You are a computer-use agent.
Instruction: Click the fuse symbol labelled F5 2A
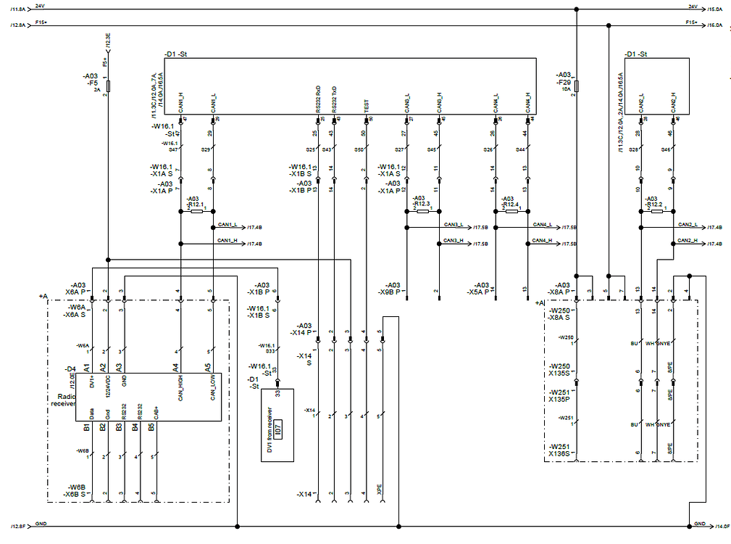click(108, 86)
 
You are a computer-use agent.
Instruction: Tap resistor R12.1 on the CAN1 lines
click(196, 210)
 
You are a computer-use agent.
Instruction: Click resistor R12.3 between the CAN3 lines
click(422, 210)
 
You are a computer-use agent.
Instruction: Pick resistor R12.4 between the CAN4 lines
click(511, 210)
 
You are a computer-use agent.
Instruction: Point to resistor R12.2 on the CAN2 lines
click(656, 210)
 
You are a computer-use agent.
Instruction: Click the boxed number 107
click(278, 426)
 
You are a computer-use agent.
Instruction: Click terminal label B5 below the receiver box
click(153, 427)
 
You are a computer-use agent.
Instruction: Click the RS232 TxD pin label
click(334, 99)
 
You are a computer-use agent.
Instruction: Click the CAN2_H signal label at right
click(688, 241)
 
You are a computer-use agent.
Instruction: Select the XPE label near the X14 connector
click(380, 487)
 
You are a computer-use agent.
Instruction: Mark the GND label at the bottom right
click(699, 524)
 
